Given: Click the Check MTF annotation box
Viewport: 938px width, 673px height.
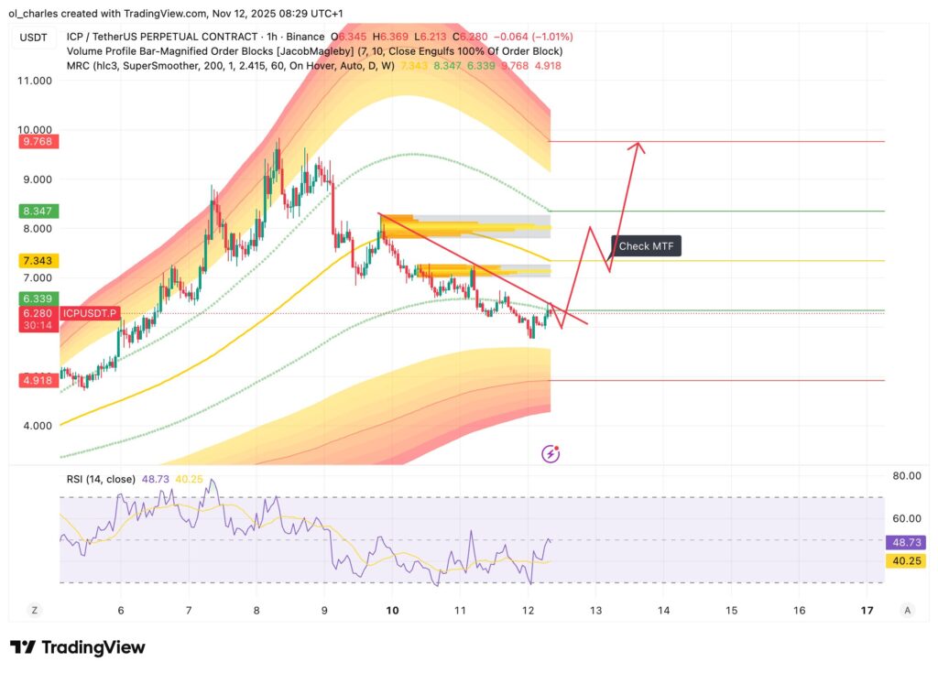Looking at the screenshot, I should click(x=647, y=245).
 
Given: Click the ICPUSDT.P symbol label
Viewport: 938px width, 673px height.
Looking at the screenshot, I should click(x=89, y=314).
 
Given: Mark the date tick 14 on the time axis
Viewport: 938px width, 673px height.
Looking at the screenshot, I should click(x=663, y=610).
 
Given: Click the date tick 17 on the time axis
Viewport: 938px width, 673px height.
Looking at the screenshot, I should click(x=867, y=610).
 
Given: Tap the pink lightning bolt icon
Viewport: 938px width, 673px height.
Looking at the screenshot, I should click(x=551, y=453).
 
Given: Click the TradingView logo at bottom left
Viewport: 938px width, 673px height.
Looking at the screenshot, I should click(x=77, y=647).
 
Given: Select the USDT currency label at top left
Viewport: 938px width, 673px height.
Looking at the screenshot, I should click(x=35, y=38).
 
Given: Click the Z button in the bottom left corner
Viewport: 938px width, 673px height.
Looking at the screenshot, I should click(x=34, y=610).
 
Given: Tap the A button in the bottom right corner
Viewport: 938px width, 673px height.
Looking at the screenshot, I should click(x=907, y=610).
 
